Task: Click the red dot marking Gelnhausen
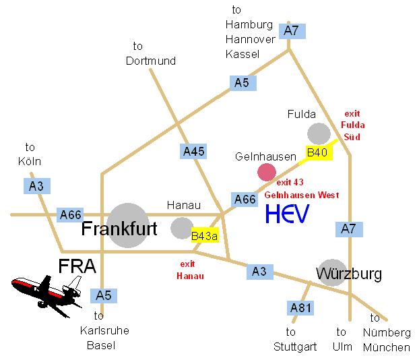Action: coord(267,172)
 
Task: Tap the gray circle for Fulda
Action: coord(319,133)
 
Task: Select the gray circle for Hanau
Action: coord(183,228)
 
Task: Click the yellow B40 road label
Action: coord(319,153)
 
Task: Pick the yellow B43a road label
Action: coord(205,235)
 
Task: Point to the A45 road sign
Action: coord(193,152)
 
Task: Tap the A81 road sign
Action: coord(300,308)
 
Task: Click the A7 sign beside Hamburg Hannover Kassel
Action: coord(292,31)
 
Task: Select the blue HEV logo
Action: coord(288,214)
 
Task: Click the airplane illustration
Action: coord(46,295)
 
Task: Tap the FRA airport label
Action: coord(77,266)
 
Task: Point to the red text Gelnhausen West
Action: coord(302,195)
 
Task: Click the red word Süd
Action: coord(352,137)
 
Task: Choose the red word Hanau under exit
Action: coord(190,276)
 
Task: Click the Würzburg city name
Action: coord(349,274)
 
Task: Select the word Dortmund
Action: coord(151,61)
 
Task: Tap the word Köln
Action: coord(30,161)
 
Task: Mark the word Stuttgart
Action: coord(295,347)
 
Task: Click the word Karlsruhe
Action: coord(104,330)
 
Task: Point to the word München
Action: coord(387,347)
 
